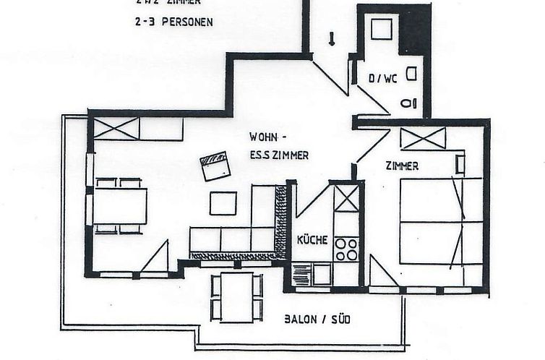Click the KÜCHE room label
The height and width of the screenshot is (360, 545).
(312, 240)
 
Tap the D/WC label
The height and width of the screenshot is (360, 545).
(383, 79)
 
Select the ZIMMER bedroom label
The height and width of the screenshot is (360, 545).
(402, 166)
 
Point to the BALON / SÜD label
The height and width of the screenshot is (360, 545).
(317, 319)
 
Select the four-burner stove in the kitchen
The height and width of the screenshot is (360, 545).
(347, 249)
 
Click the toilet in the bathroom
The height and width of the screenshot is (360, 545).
(410, 103)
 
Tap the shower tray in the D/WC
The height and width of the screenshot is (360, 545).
(381, 30)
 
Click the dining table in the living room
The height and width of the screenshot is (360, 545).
(119, 206)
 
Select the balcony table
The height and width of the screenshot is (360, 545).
(236, 296)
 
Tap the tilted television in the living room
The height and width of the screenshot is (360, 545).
(215, 167)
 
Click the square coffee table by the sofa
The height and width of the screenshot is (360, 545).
(223, 203)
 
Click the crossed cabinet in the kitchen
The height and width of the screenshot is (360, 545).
(346, 198)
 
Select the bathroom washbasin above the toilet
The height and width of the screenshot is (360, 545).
(411, 73)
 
